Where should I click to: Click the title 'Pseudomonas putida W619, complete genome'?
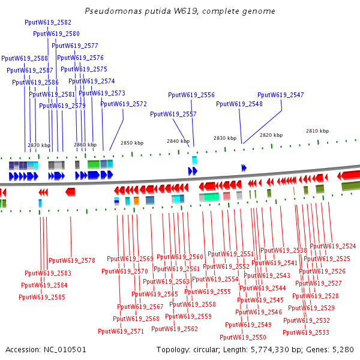(x=180, y=11)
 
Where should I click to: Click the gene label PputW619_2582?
(x=48, y=22)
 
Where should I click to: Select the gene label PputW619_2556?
(x=191, y=95)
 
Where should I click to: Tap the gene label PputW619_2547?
(x=281, y=95)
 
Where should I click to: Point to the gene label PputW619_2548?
(x=239, y=104)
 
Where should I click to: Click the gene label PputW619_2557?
(x=173, y=114)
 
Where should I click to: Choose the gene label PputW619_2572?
(x=124, y=104)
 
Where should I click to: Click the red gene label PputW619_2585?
(x=42, y=297)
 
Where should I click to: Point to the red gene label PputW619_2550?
(x=243, y=338)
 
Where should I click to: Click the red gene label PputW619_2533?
(x=306, y=332)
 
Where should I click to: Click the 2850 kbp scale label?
(x=132, y=143)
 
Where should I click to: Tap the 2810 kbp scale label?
(x=317, y=131)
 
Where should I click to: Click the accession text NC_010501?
(x=46, y=349)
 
